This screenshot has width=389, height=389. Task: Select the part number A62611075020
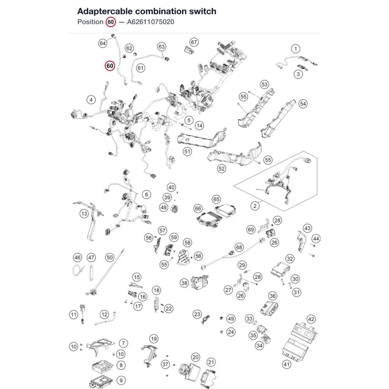151,22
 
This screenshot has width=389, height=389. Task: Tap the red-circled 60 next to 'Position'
110,22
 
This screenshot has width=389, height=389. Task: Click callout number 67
194,42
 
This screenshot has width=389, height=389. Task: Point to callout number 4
91,100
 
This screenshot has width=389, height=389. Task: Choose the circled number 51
187,152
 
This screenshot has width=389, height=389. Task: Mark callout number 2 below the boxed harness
255,206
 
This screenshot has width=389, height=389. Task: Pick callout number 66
198,209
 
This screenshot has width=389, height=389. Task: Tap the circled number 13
84,214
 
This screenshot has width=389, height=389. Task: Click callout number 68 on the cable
239,247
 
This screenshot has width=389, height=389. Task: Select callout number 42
311,319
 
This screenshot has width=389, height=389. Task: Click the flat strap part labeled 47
91,272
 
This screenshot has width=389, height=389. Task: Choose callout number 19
154,339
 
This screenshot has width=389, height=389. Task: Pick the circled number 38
184,283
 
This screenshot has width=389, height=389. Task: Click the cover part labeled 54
278,119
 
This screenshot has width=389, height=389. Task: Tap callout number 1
296,49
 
